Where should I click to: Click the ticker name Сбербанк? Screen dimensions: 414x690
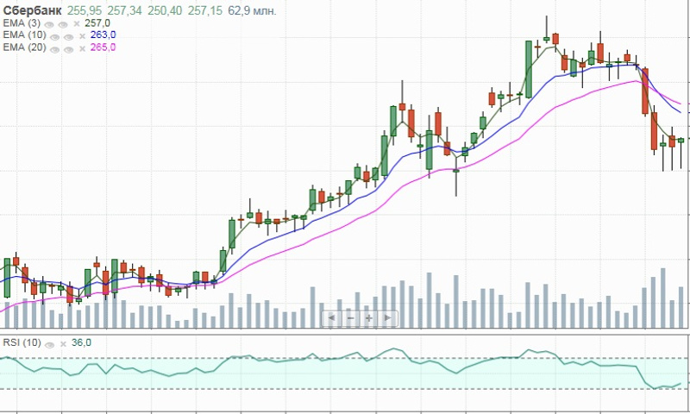[x=33, y=9]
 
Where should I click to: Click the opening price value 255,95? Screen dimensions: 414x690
[x=85, y=9]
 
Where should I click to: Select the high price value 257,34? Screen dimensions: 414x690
[x=126, y=9]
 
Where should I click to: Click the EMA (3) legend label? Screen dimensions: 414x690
[x=22, y=22]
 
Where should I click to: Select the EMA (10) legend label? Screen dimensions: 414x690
[x=25, y=34]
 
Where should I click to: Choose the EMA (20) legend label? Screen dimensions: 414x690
[x=25, y=47]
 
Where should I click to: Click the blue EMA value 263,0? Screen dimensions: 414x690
[x=103, y=34]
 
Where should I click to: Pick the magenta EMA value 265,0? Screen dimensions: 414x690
[x=103, y=47]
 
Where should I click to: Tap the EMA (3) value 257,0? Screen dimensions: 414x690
[x=97, y=22]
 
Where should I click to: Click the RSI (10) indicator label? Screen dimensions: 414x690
[x=21, y=342]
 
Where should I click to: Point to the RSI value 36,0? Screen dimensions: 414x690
[x=81, y=342]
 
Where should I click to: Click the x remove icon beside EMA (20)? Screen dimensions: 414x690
[x=83, y=47]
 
